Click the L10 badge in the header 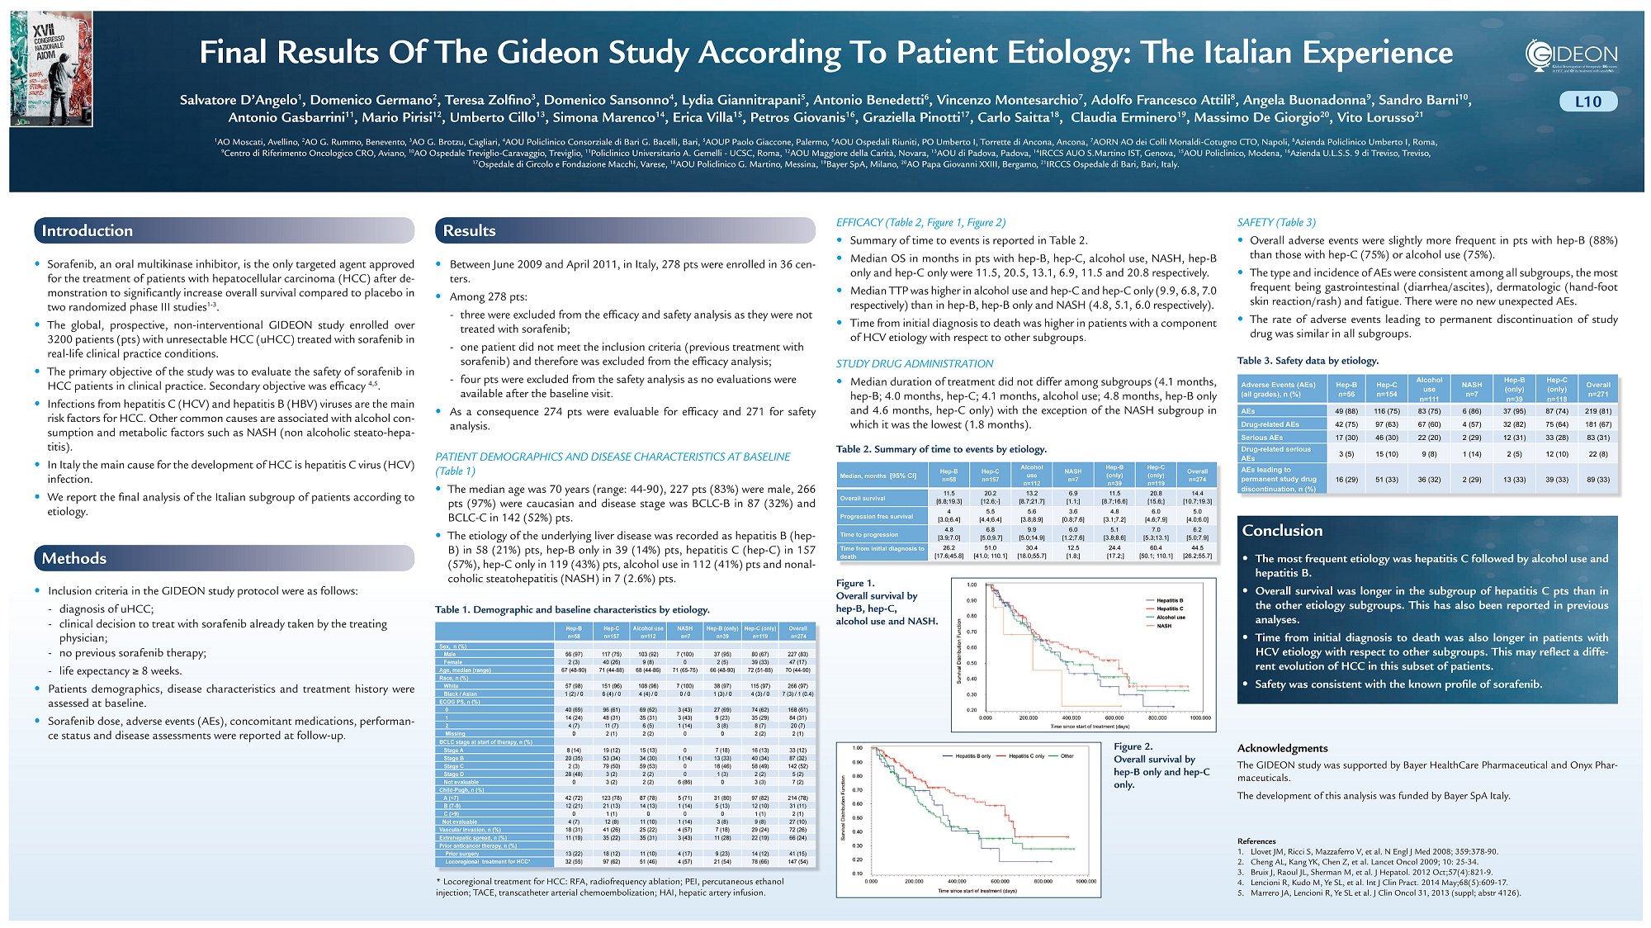[x=1587, y=102]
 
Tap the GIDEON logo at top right [x=1571, y=56]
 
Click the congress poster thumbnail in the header [x=51, y=69]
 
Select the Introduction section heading [x=88, y=231]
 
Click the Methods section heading [x=74, y=559]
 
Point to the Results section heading [x=469, y=231]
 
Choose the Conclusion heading [x=1282, y=531]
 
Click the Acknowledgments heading [x=1282, y=748]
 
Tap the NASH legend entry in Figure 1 [x=1164, y=626]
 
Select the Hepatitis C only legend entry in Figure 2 [x=1026, y=756]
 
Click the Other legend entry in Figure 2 [x=1067, y=756]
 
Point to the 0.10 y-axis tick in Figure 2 [x=858, y=874]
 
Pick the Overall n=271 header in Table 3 [x=1597, y=390]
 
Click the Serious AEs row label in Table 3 [x=1262, y=438]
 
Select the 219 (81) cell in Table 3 [x=1597, y=411]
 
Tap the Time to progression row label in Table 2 [x=869, y=535]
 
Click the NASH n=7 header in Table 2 [x=1072, y=476]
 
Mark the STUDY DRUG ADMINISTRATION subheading [x=914, y=364]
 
